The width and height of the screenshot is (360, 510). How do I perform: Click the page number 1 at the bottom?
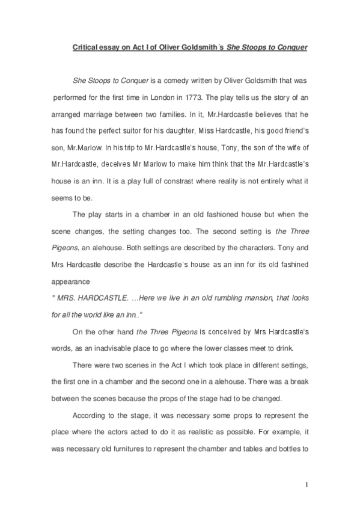307,484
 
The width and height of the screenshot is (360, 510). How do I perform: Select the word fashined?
292,263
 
